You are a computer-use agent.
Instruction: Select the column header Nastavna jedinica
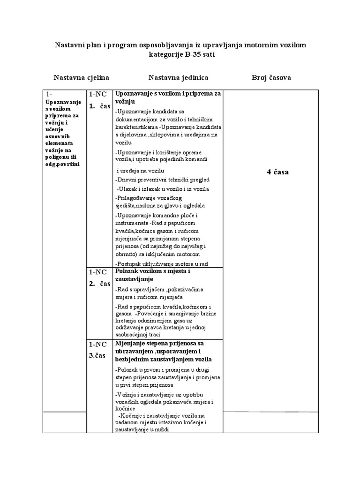(178, 77)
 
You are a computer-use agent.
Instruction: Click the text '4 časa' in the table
(278, 172)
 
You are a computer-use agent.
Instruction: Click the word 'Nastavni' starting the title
(69, 44)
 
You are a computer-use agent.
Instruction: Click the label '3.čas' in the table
(98, 355)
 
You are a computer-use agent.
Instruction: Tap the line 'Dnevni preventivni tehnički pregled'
(162, 180)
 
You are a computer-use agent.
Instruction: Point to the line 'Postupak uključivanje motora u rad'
(161, 264)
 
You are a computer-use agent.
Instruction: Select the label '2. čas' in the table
(99, 284)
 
